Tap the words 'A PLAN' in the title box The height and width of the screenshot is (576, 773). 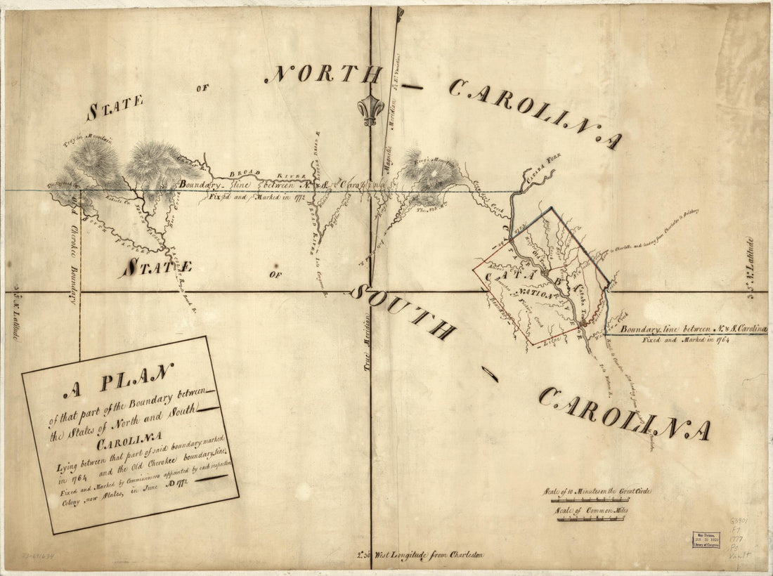(x=117, y=381)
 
